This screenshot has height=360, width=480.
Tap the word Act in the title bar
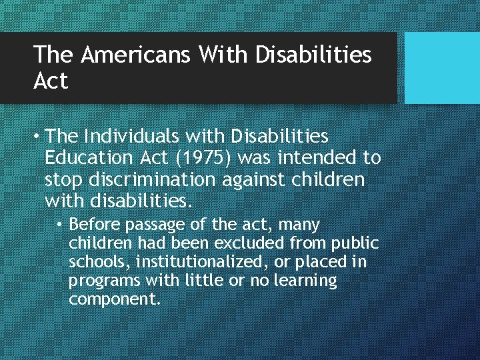pyautogui.click(x=51, y=81)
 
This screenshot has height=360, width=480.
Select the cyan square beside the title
pyautogui.click(x=442, y=68)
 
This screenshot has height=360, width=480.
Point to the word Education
pyautogui.click(x=89, y=158)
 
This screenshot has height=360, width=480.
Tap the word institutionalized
pyautogui.click(x=193, y=262)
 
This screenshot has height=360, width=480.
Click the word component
pyautogui.click(x=115, y=299)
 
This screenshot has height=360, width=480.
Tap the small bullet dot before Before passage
pyautogui.click(x=61, y=225)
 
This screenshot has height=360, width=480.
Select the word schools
pyautogui.click(x=93, y=262)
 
